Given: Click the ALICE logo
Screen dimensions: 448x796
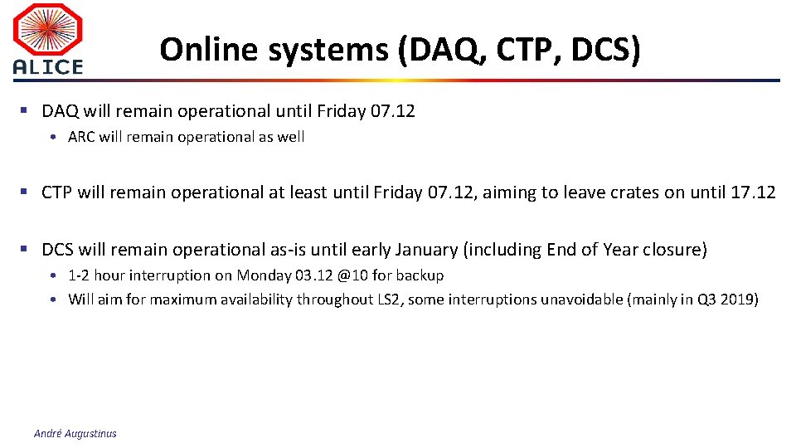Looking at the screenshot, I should (x=48, y=39).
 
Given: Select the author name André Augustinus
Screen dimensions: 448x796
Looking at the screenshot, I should (x=75, y=433).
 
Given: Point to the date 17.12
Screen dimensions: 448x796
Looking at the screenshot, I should (x=753, y=192).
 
